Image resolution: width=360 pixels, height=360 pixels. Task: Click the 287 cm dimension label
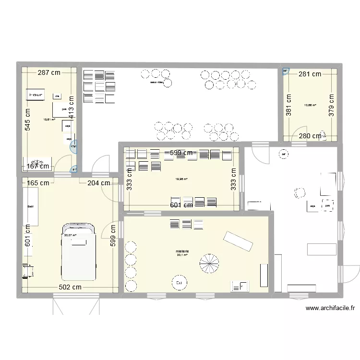[x=50, y=73]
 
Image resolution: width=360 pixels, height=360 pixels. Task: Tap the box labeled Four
[x=36, y=95]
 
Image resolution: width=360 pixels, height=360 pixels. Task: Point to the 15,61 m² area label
[x=49, y=120]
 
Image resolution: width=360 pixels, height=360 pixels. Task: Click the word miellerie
[x=182, y=251]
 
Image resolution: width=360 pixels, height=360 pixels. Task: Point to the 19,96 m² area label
[x=181, y=179]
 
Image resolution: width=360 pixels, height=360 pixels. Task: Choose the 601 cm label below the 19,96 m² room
[x=182, y=205]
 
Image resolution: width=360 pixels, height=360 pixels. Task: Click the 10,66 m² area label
[x=310, y=105]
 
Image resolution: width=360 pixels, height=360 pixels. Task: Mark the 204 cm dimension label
[x=98, y=182]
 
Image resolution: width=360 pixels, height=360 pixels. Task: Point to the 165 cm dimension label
[x=37, y=182]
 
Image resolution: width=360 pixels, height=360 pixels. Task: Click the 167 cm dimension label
[x=38, y=167]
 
